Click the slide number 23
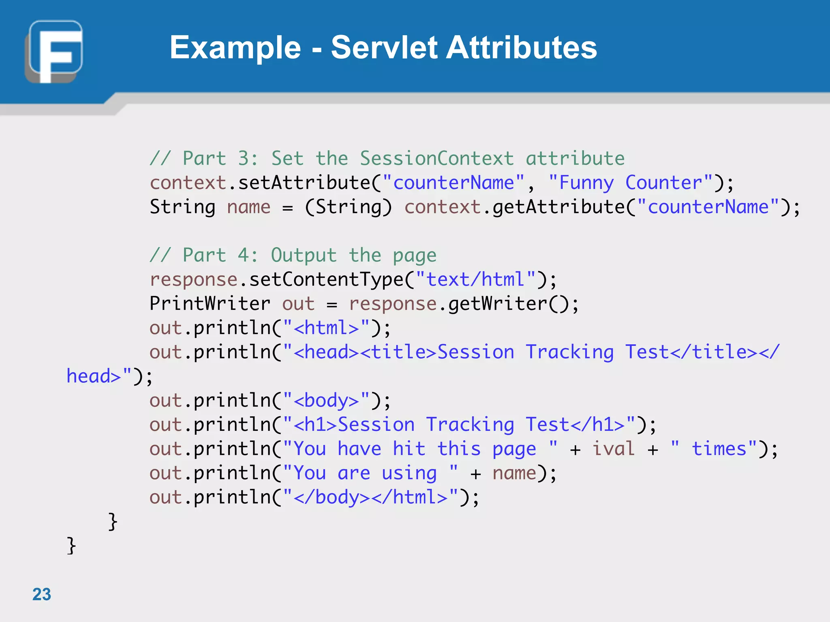pyautogui.click(x=42, y=594)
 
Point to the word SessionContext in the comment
pyautogui.click(x=437, y=158)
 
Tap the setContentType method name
pyautogui.click(x=326, y=279)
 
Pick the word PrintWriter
pyautogui.click(x=210, y=304)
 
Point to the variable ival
pyautogui.click(x=613, y=449)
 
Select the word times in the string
pyautogui.click(x=719, y=449)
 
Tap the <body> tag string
pyautogui.click(x=326, y=400)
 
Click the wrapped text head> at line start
pyautogui.click(x=94, y=376)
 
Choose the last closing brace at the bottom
pyautogui.click(x=71, y=545)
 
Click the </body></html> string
pyautogui.click(x=370, y=497)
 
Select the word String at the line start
pyautogui.click(x=182, y=207)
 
